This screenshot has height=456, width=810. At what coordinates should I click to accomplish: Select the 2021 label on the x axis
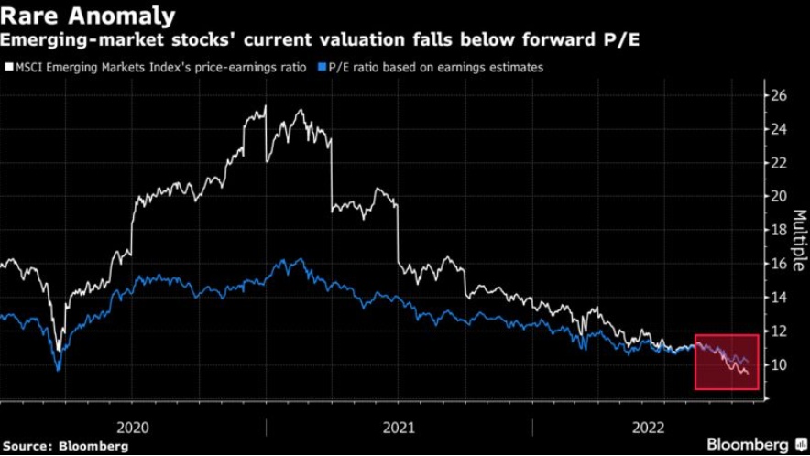click(x=400, y=427)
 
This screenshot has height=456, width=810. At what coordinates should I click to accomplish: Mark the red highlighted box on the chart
click(x=727, y=362)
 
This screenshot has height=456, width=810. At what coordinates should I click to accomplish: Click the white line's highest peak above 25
click(x=266, y=106)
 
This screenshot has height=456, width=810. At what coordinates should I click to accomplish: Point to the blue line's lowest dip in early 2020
click(x=59, y=370)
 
